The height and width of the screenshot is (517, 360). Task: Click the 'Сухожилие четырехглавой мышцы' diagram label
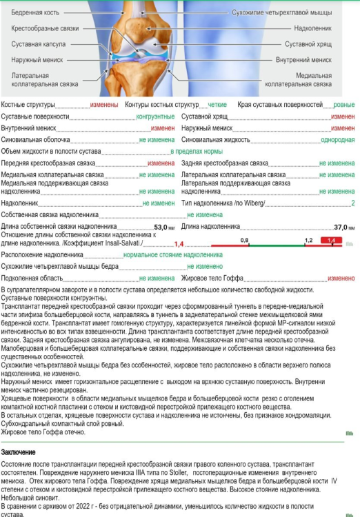coord(290,13)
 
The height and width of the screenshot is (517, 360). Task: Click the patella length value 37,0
coord(341,227)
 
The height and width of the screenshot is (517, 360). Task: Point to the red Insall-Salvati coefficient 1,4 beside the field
coord(178,244)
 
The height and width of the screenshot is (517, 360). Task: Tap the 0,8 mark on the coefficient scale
coord(244,239)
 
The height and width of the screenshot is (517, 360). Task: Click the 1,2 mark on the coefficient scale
coord(308,239)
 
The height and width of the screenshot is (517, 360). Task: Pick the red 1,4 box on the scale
coord(331,240)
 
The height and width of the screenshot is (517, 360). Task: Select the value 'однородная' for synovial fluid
coord(338,139)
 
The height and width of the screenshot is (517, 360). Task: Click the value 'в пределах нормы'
coord(197,151)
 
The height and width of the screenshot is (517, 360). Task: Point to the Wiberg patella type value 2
coord(352,203)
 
